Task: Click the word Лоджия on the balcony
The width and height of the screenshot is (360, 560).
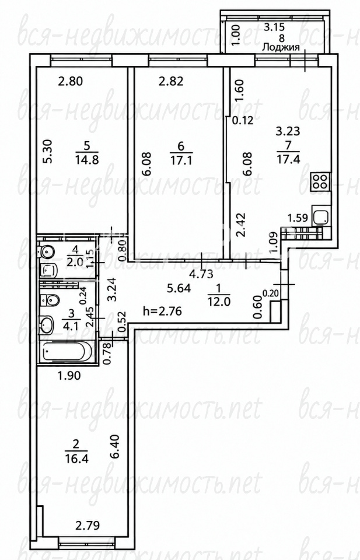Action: tap(281, 47)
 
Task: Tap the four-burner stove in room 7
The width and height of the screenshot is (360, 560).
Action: tap(320, 181)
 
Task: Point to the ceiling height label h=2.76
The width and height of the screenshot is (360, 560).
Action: tap(162, 311)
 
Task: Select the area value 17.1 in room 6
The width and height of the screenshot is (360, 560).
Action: tap(181, 159)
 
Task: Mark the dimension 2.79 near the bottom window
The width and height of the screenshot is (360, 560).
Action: tap(87, 526)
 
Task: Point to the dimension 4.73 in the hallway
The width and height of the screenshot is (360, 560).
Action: tap(201, 274)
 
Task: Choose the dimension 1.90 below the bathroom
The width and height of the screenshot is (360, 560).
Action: tap(69, 375)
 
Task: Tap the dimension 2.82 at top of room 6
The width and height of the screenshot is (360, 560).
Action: tap(171, 81)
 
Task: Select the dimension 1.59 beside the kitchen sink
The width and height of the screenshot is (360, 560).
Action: tap(298, 218)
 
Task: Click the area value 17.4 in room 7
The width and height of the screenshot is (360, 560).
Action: tap(288, 159)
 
